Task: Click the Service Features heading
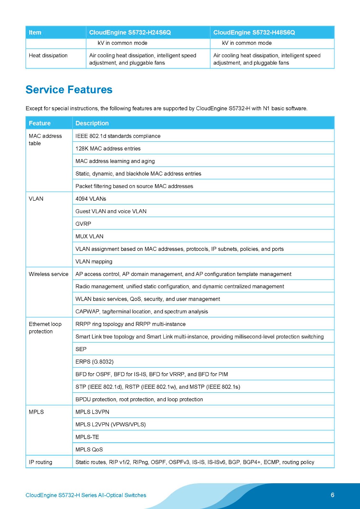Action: [69, 90]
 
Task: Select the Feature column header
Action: [40, 123]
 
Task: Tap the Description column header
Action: [92, 123]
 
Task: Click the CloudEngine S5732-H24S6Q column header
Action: [130, 32]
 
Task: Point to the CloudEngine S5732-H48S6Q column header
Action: [254, 32]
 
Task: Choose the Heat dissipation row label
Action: [48, 55]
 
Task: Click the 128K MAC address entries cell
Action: [108, 149]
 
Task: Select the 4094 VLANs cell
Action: [91, 199]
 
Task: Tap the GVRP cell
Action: [83, 224]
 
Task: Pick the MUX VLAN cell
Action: [89, 236]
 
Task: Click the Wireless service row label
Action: [48, 274]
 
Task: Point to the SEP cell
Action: [81, 349]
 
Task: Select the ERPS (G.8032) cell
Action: [95, 362]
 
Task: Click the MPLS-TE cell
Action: [87, 437]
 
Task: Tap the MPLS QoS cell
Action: [89, 450]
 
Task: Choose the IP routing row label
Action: [40, 462]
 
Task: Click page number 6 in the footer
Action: [333, 495]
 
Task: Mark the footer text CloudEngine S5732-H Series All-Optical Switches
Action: [86, 495]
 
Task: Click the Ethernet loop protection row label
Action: [45, 328]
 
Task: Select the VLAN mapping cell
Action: [94, 261]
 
